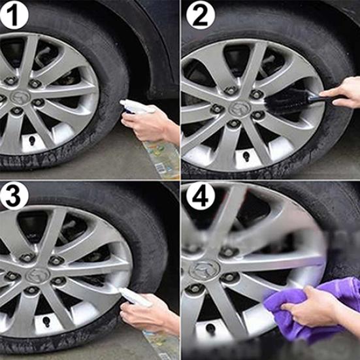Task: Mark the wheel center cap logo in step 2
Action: (x=240, y=106)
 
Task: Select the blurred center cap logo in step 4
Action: (x=204, y=269)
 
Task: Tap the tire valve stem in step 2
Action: (x=246, y=156)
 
